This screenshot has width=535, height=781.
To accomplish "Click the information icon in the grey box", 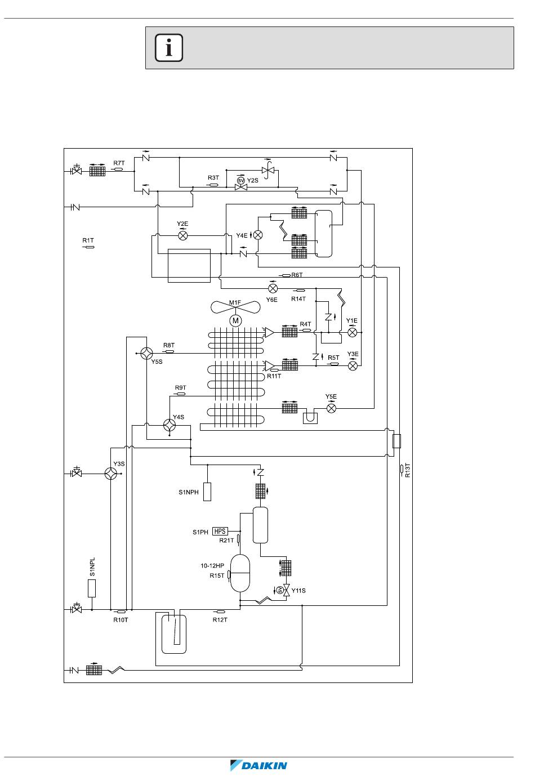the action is pos(169,48).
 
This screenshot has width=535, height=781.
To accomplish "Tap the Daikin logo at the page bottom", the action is pos(258,765).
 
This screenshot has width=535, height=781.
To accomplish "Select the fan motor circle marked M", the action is pos(235,320).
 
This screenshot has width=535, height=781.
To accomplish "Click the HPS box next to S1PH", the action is pos(220,531).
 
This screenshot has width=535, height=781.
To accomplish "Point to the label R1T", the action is pos(88,240).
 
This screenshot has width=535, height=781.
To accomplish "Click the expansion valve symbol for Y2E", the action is pos(183,236).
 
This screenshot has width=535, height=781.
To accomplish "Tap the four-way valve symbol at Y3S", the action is pos(111,474).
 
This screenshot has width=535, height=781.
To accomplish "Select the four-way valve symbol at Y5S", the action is pos(146,354).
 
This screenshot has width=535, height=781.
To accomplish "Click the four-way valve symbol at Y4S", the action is pos(170,425).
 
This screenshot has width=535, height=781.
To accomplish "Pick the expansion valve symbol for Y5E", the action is pos(331,408).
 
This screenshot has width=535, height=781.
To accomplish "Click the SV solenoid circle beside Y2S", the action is pos(240,180).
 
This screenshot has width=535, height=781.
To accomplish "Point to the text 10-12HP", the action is pos(212,565).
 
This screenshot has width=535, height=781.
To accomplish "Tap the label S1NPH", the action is pos(188,492).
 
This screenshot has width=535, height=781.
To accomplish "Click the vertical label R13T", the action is pos(408,470).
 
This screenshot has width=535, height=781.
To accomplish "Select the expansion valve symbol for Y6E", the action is pos(273,289).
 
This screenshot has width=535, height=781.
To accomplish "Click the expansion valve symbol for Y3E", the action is pos(353,366).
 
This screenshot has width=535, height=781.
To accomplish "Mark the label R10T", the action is pos(121,619).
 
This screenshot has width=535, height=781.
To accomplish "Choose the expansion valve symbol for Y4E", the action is pos(258,235).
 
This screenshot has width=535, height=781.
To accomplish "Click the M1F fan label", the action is pos(235,302).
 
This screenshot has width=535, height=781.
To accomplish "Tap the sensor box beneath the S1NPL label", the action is pos(92,588).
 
